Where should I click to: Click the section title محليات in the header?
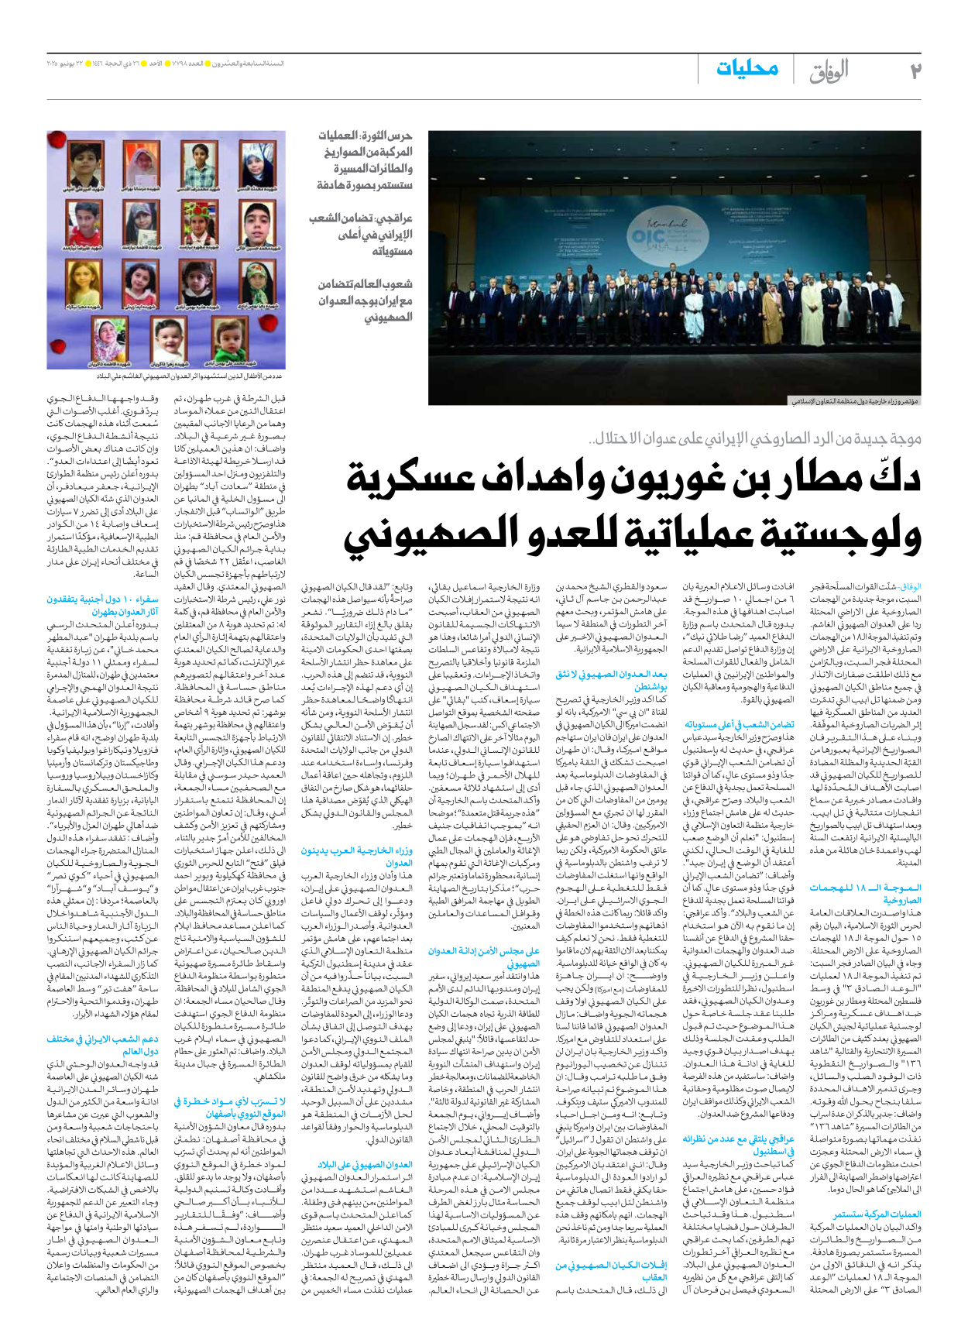click(x=747, y=69)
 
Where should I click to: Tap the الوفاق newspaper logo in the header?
click(x=829, y=71)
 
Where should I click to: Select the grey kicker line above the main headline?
click(x=755, y=439)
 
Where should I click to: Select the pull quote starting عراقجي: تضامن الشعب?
click(x=361, y=235)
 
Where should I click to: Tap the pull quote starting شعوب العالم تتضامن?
click(x=365, y=301)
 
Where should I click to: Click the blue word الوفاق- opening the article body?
click(x=910, y=587)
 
